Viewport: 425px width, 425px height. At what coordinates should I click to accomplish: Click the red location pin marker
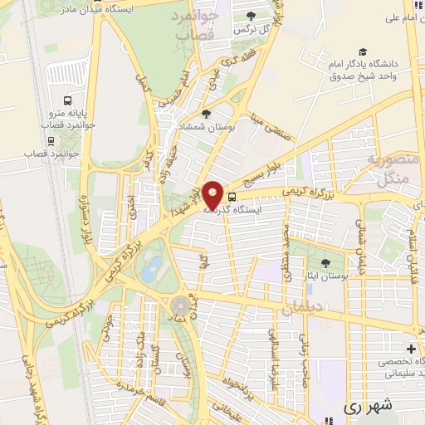coord(213,194)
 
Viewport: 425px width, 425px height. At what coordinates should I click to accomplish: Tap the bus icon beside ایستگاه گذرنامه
coord(232,198)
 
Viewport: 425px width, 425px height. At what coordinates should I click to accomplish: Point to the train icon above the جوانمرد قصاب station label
coord(51,139)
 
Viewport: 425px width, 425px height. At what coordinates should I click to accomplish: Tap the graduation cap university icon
coord(362,51)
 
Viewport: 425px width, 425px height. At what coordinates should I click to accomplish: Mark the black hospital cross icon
coord(411,349)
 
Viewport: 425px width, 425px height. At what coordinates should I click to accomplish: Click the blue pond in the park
coord(152,267)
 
